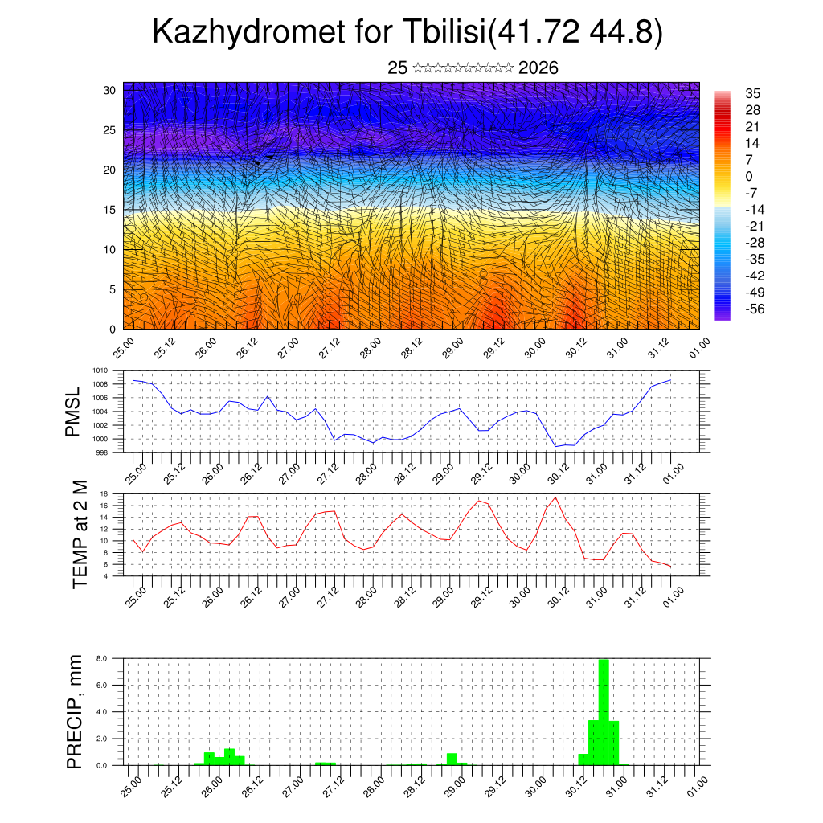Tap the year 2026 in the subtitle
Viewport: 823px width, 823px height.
[538, 68]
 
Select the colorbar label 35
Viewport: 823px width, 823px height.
[752, 94]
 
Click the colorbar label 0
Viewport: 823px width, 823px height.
[749, 176]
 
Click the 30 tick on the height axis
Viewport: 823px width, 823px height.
[109, 90]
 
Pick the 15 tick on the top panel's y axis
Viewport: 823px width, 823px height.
[109, 210]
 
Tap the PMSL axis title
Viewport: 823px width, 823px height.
[73, 411]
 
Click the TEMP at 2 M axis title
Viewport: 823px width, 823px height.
[80, 534]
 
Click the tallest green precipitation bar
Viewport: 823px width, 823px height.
[604, 711]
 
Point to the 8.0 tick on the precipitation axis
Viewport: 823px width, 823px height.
[102, 658]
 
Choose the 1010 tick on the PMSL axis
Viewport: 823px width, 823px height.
[100, 371]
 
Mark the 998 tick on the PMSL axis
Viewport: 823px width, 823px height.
[103, 453]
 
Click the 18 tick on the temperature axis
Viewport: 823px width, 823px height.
[104, 493]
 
